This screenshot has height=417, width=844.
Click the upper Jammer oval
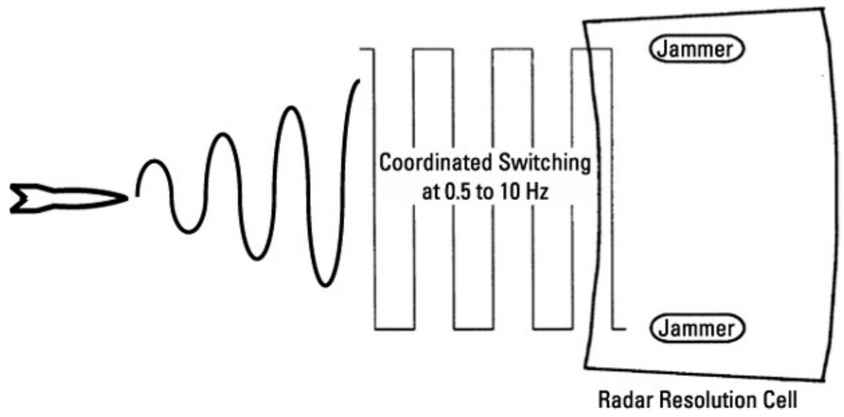(x=697, y=49)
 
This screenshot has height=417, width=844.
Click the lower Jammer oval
(x=697, y=328)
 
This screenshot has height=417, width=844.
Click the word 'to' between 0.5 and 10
(x=484, y=192)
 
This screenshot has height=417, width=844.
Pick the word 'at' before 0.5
(x=430, y=192)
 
